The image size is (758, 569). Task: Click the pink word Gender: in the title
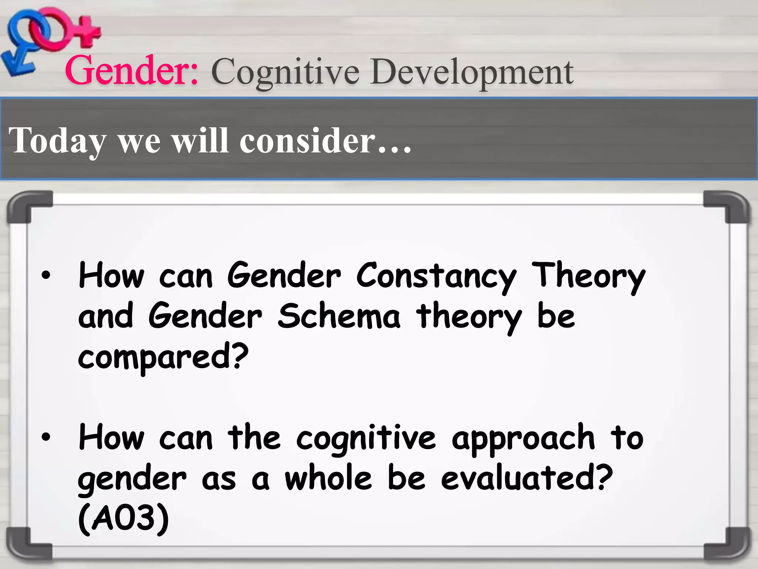click(132, 70)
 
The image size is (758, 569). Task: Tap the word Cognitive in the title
click(285, 72)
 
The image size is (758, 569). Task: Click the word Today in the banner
click(57, 141)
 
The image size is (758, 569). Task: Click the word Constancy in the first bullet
click(436, 276)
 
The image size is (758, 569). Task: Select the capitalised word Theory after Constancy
click(588, 276)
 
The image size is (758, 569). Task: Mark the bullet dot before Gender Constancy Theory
click(46, 276)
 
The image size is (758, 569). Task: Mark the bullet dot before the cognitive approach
click(46, 437)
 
